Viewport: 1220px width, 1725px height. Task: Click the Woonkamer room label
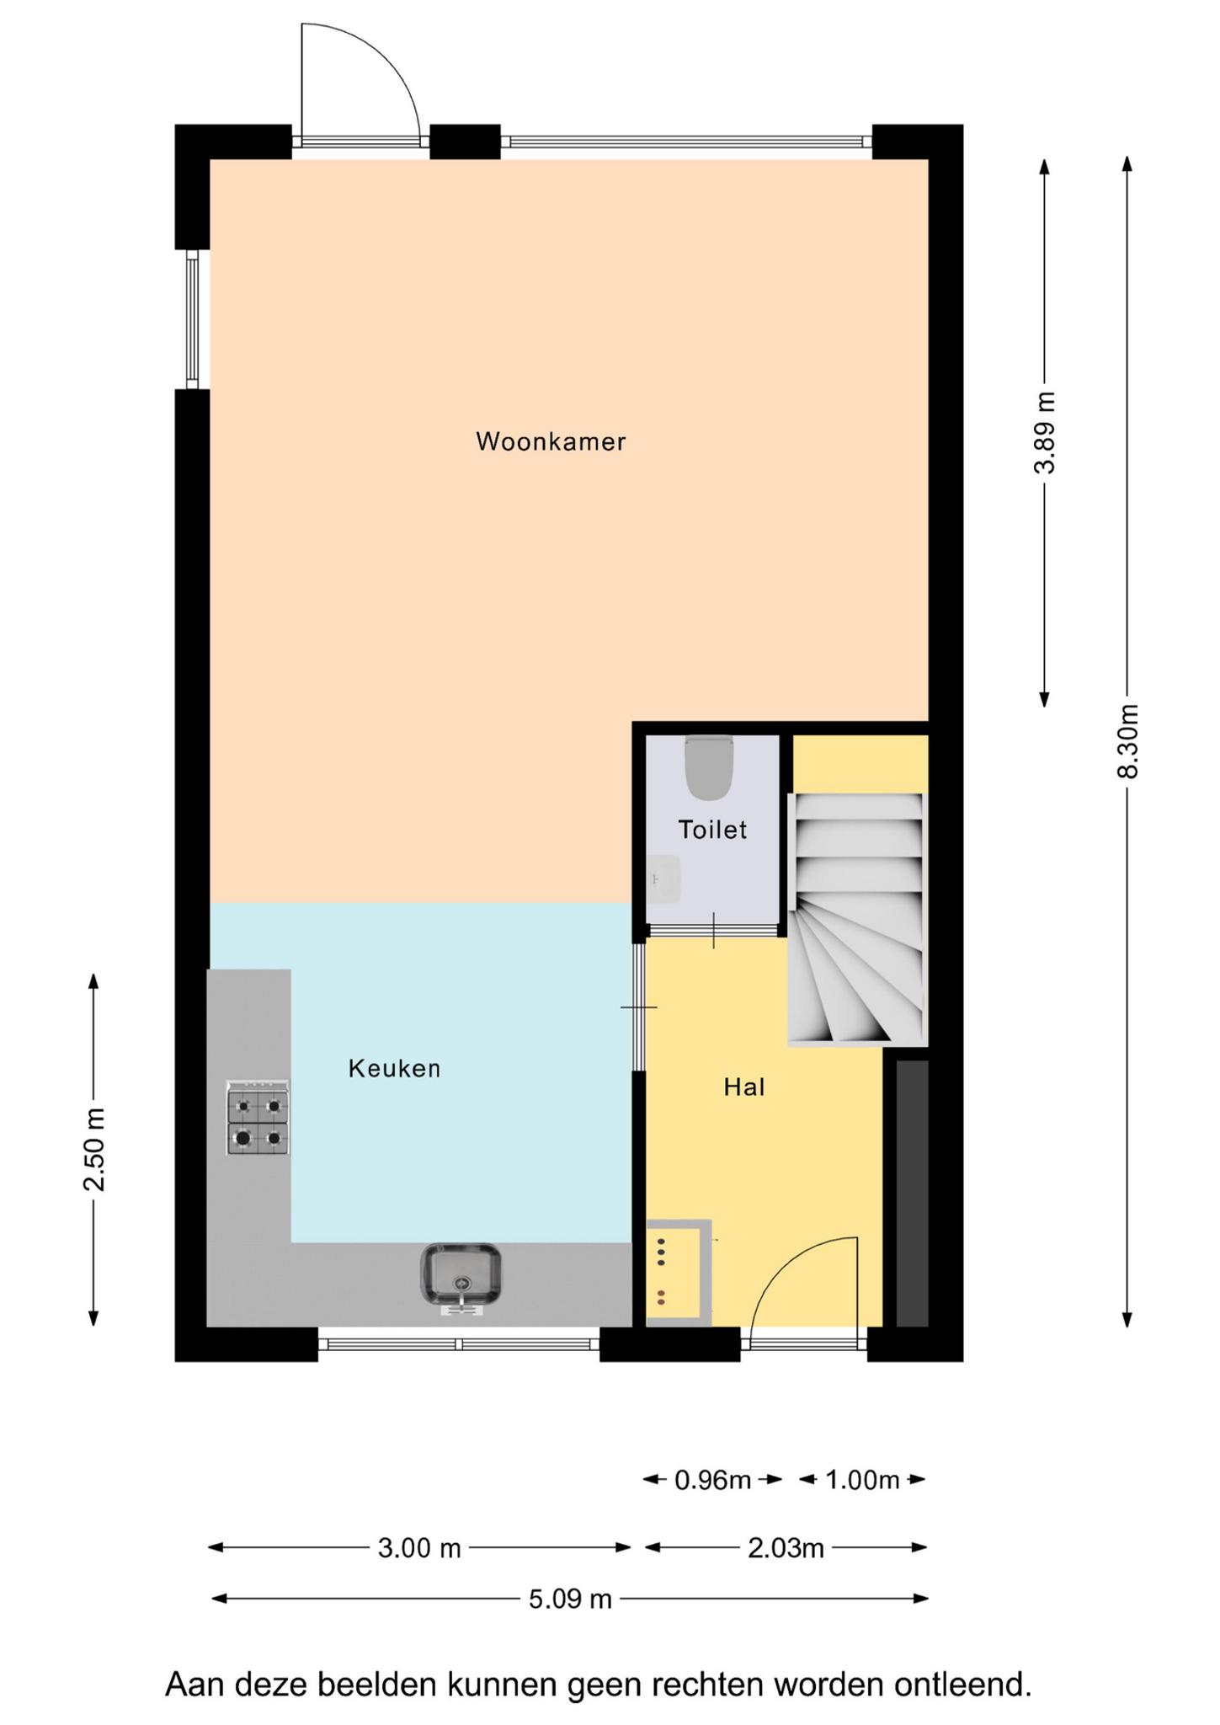click(x=551, y=441)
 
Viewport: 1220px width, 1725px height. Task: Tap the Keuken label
click(x=395, y=1069)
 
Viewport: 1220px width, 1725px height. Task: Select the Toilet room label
click(x=713, y=830)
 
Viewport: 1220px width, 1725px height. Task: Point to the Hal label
click(x=744, y=1087)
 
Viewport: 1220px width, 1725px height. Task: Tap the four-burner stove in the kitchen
click(x=258, y=1118)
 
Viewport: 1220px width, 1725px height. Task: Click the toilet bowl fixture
click(x=710, y=767)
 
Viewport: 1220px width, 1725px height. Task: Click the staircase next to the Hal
click(x=858, y=919)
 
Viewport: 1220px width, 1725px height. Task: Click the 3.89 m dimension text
click(x=1045, y=433)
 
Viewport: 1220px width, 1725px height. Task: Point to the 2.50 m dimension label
click(x=94, y=1150)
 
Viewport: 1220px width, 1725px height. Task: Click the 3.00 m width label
click(x=419, y=1548)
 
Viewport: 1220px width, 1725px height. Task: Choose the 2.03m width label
click(x=786, y=1548)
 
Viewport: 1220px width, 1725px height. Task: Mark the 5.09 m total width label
click(x=570, y=1599)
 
